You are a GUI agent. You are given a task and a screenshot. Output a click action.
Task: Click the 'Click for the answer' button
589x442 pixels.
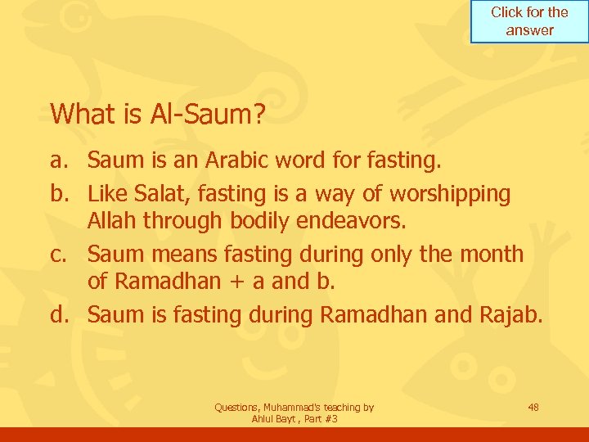529,21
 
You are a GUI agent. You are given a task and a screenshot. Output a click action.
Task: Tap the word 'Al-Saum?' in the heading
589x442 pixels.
208,115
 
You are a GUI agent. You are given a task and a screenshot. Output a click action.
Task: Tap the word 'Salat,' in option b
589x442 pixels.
160,194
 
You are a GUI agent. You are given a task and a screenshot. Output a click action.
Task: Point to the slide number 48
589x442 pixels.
533,407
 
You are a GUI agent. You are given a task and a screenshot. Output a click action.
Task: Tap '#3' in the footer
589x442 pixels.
330,419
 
